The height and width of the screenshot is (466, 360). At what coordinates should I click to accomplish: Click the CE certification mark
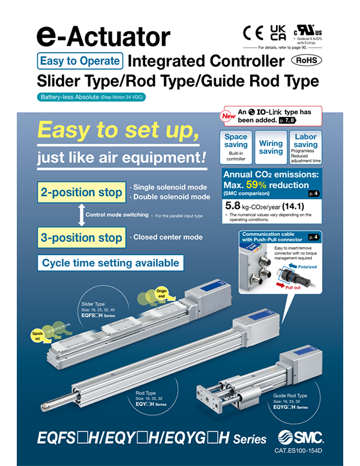point(253,32)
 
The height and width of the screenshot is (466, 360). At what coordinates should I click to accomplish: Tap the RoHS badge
point(305,61)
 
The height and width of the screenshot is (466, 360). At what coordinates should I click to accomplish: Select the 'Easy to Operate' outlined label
point(80,61)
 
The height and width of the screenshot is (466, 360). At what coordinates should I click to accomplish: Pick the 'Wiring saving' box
point(271,147)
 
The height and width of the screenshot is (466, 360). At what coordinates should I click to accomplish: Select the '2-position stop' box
point(81,193)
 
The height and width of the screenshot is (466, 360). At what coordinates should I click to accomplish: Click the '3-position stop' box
point(81,237)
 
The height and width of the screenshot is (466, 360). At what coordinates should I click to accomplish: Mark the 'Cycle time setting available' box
point(110,263)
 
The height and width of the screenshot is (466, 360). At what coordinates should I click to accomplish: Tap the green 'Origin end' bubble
point(161,294)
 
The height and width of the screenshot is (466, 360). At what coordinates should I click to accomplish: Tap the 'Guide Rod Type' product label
point(290,396)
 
